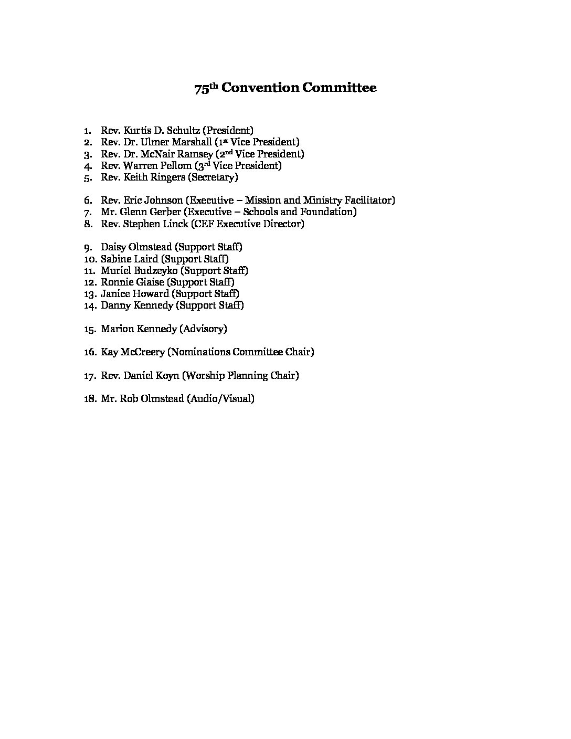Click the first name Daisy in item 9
pyautogui.click(x=113, y=247)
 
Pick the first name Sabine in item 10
pyautogui.click(x=114, y=259)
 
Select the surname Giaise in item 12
pyautogui.click(x=151, y=282)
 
